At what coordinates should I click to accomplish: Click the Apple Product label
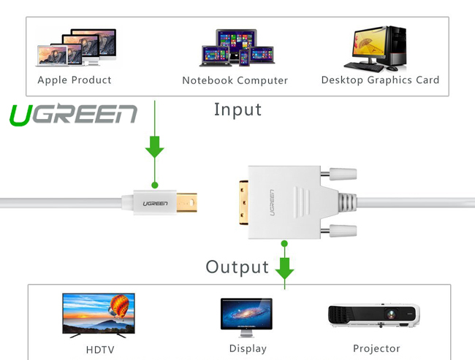[x=75, y=80]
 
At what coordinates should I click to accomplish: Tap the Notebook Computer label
[x=235, y=80]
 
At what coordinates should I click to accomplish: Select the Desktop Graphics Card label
[x=380, y=80]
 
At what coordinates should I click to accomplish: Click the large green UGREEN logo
[x=73, y=115]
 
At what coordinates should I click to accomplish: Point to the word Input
[x=237, y=110]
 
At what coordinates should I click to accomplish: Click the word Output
[x=237, y=267]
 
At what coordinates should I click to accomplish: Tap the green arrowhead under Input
[x=154, y=149]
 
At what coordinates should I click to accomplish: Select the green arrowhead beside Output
[x=284, y=271]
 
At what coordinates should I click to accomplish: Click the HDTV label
[x=100, y=350]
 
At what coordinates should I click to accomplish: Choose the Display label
[x=248, y=348]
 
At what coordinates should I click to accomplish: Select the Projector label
[x=376, y=348]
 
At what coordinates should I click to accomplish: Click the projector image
[x=373, y=315]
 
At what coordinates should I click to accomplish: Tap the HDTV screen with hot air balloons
[x=99, y=313]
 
